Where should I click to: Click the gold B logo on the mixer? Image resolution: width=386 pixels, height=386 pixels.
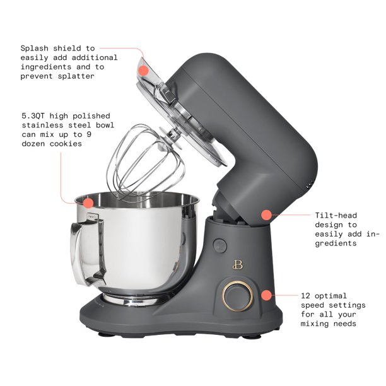(x=238, y=265)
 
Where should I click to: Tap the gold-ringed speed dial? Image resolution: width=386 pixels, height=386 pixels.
(x=237, y=296)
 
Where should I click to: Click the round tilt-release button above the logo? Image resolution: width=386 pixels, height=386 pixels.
(x=220, y=245)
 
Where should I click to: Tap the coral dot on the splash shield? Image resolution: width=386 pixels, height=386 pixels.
(x=143, y=71)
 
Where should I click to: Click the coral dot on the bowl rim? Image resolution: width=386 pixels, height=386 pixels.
(x=88, y=203)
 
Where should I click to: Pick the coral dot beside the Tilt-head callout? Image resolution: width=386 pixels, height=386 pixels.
(x=266, y=215)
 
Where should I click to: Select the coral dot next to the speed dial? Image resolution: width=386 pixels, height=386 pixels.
(x=266, y=295)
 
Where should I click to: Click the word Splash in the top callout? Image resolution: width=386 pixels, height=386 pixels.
(x=34, y=49)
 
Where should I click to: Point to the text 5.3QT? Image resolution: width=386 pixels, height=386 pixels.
(x=33, y=115)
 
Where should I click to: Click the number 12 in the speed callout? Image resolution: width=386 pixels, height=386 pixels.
(x=305, y=296)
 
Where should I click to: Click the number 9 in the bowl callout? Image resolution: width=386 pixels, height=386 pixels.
(x=89, y=134)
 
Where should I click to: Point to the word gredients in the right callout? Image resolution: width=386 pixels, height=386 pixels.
(x=336, y=243)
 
